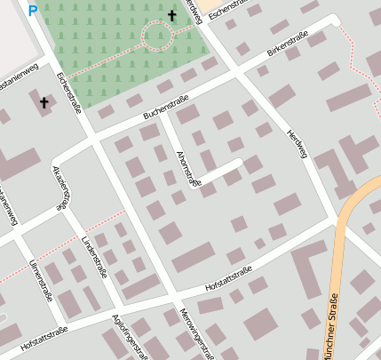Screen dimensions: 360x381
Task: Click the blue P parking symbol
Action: pyautogui.click(x=33, y=11)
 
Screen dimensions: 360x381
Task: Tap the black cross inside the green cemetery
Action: pyautogui.click(x=172, y=15)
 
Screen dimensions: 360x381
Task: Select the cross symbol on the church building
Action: pyautogui.click(x=44, y=103)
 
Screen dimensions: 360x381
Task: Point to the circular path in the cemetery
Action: pyautogui.click(x=157, y=36)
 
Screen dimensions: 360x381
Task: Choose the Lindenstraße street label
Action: pyautogui.click(x=94, y=257)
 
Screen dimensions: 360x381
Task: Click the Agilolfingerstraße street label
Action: pyautogui.click(x=130, y=336)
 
